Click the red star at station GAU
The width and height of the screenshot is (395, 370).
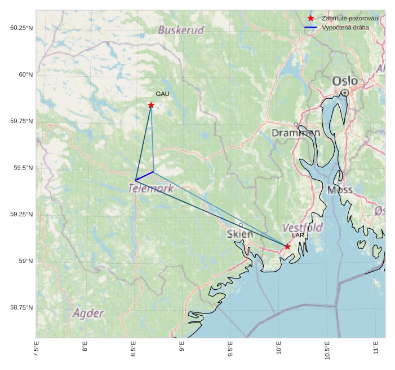pyautogui.click(x=151, y=105)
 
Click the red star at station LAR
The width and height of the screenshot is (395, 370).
pyautogui.click(x=287, y=246)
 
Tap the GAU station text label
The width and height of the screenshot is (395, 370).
pyautogui.click(x=162, y=94)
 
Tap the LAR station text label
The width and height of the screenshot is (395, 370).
pyautogui.click(x=298, y=235)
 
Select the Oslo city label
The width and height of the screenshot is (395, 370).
pyautogui.click(x=344, y=81)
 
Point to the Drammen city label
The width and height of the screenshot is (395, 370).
pyautogui.click(x=296, y=133)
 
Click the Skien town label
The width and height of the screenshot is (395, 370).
pyautogui.click(x=240, y=233)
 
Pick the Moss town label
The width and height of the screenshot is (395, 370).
pyautogui.click(x=340, y=190)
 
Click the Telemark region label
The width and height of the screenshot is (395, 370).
pyautogui.click(x=151, y=189)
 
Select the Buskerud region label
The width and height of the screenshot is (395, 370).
pyautogui.click(x=181, y=30)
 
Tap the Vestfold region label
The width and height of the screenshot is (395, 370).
pyautogui.click(x=302, y=227)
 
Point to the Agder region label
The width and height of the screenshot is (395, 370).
pyautogui.click(x=88, y=313)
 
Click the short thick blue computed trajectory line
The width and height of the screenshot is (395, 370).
pyautogui.click(x=145, y=176)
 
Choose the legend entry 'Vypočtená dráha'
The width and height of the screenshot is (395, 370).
pyautogui.click(x=345, y=27)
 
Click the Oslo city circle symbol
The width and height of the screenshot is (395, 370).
pyautogui.click(x=345, y=92)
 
